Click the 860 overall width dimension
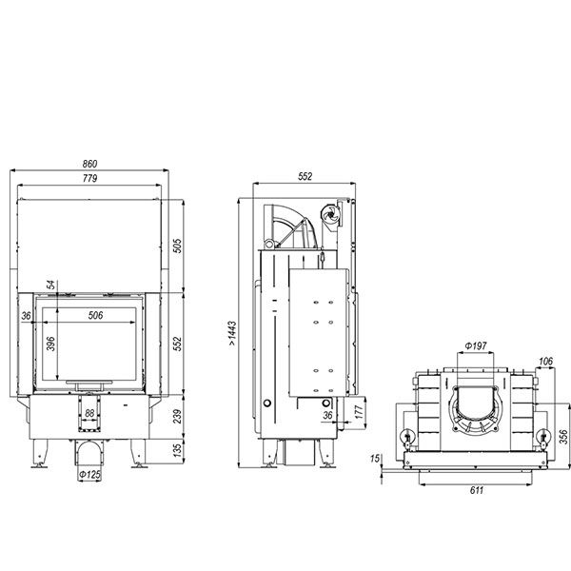coord(89,164)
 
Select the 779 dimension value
coord(89,178)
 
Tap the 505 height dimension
coord(177,246)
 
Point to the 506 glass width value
coord(95,315)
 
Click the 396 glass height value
coord(51,344)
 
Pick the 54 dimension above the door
coord(51,285)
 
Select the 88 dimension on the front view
coord(89,413)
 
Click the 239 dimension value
coord(177,417)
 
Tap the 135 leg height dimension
coord(177,450)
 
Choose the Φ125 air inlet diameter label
coord(89,475)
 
